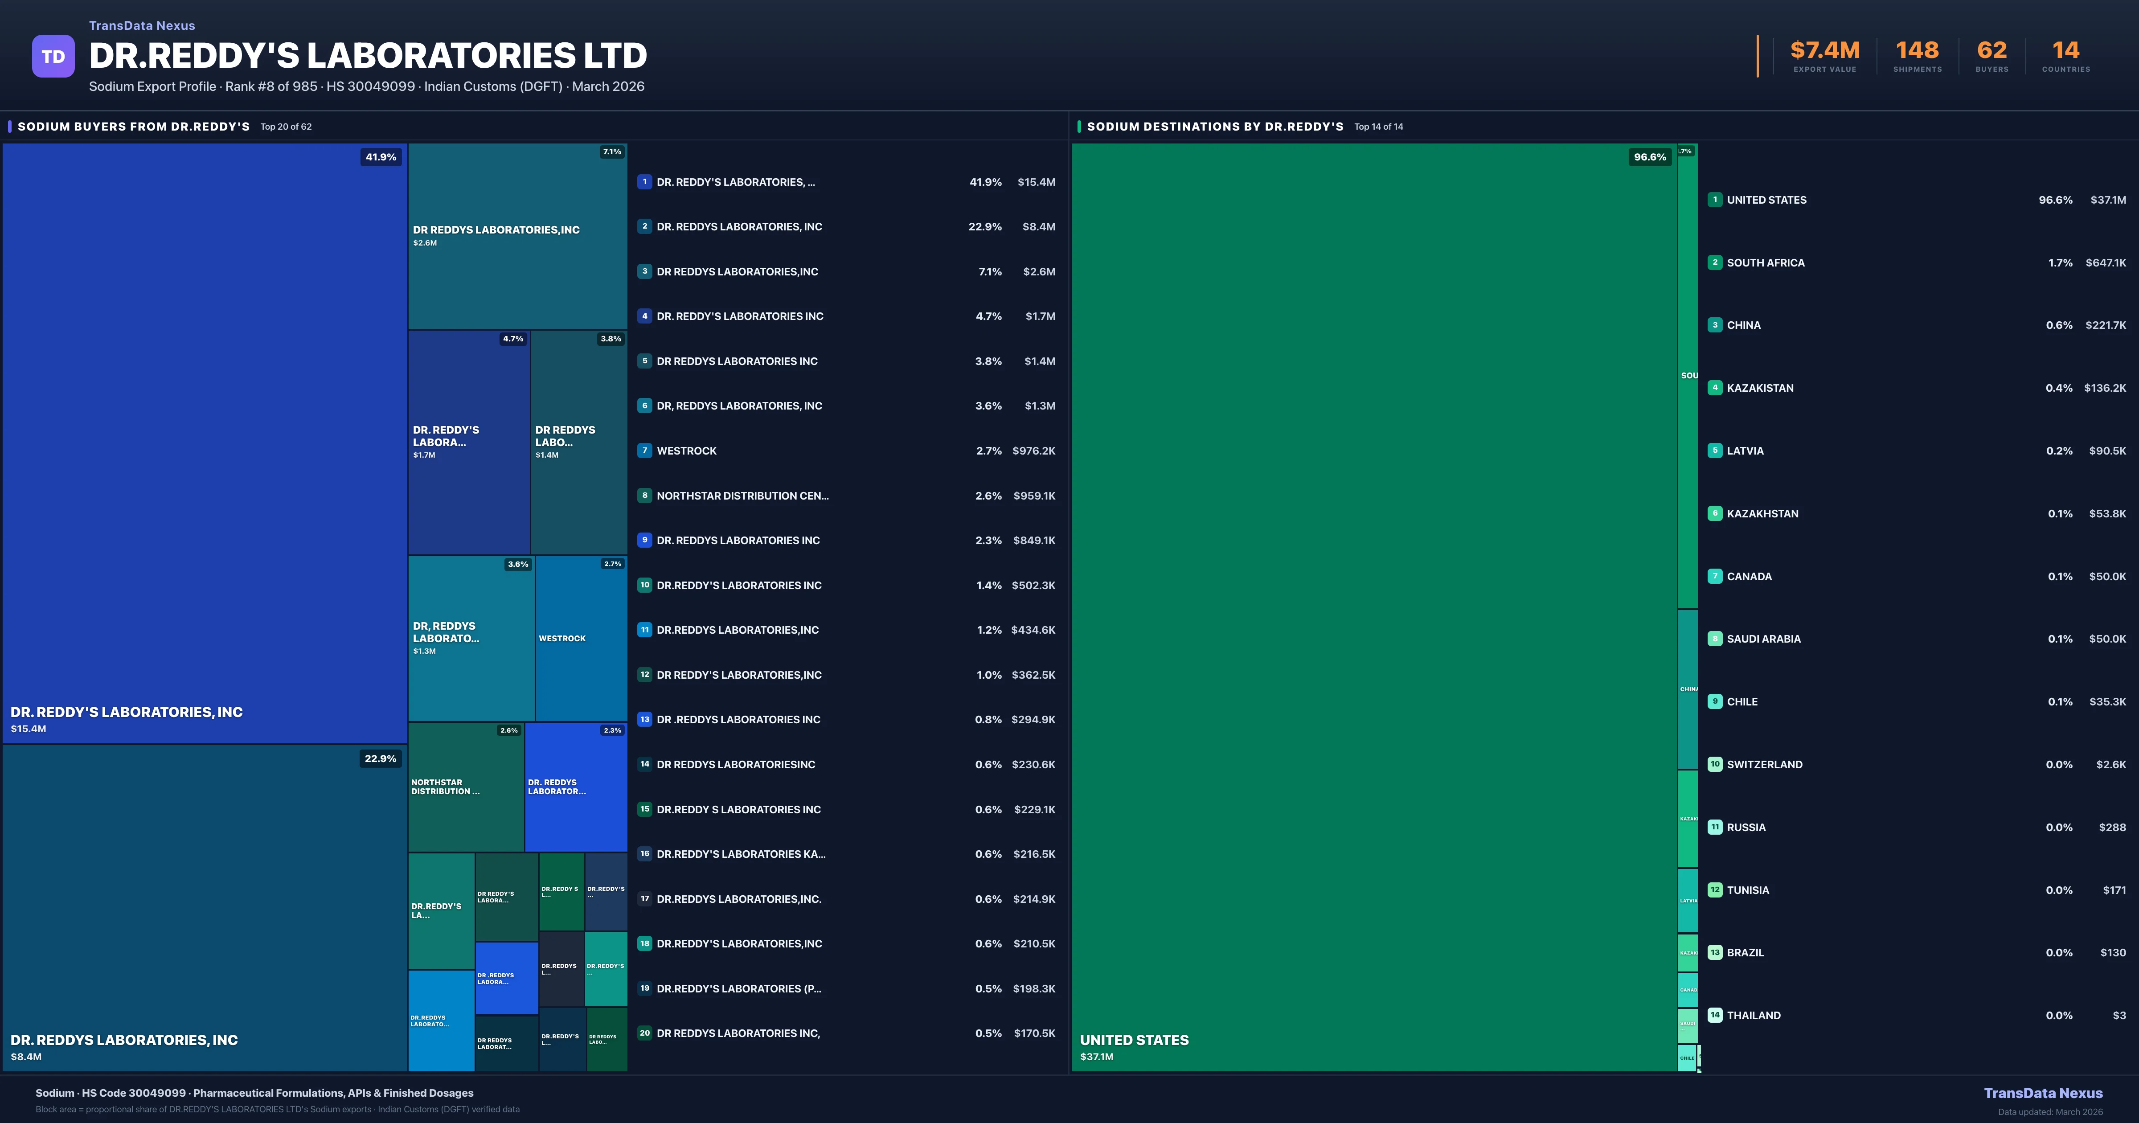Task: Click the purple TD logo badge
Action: point(53,57)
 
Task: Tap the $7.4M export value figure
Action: point(1824,51)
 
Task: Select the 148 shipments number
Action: point(1917,51)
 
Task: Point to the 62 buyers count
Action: point(1991,51)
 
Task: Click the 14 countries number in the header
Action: point(2065,51)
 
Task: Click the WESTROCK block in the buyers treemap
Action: point(580,638)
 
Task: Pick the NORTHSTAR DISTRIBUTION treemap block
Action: point(465,787)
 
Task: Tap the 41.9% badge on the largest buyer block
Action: point(380,157)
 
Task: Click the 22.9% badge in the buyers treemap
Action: point(380,758)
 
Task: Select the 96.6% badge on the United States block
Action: point(1649,157)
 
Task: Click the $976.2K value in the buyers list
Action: point(1034,451)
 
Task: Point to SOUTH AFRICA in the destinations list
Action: point(1765,262)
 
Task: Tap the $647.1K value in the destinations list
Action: point(2105,262)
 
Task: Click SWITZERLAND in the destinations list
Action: point(1765,764)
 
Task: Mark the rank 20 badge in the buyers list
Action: point(644,1033)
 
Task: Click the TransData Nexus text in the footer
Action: point(2043,1093)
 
